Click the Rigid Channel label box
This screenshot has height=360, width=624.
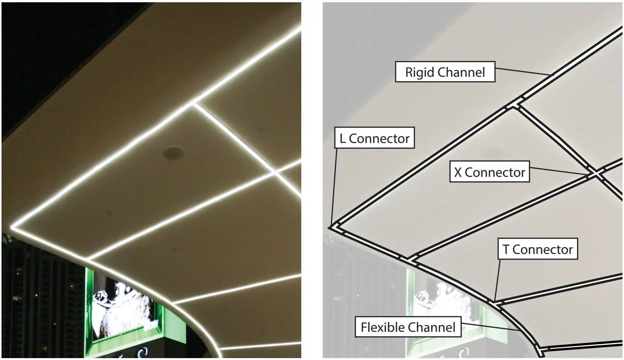(x=445, y=72)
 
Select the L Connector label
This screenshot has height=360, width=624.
(x=374, y=138)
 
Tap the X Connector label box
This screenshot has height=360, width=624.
(x=489, y=172)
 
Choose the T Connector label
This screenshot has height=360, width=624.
(x=537, y=249)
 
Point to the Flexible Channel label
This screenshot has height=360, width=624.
(x=408, y=327)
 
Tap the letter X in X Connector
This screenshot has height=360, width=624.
(x=458, y=172)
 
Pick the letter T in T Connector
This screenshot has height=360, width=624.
(x=506, y=249)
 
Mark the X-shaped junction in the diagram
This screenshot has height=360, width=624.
(x=595, y=174)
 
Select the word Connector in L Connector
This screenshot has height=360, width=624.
(x=379, y=138)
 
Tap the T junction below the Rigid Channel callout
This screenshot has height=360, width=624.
(x=515, y=105)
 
